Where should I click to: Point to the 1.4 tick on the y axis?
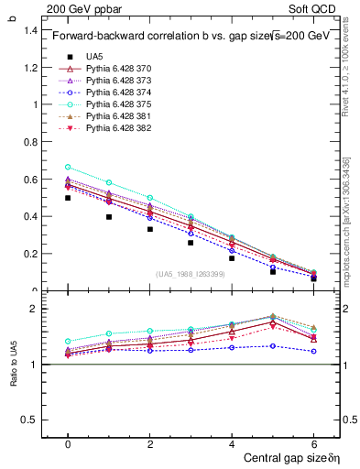pos(30,30)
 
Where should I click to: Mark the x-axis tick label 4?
pos(232,444)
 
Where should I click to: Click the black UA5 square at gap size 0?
pos(68,198)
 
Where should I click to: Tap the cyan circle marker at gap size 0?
pos(68,167)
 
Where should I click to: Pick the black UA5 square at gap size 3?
pos(191,243)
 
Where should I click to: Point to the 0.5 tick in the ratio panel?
pos(30,420)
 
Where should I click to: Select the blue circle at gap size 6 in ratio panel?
pos(314,351)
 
